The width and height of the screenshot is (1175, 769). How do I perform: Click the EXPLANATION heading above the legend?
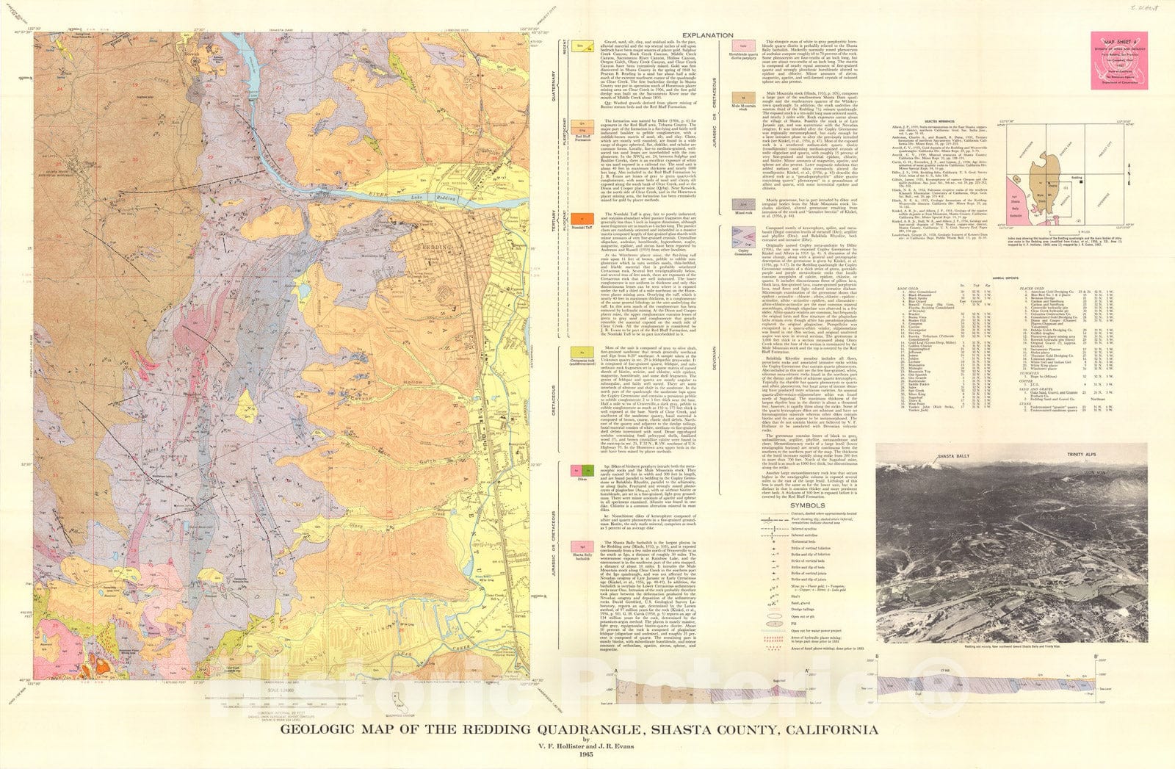tap(707, 35)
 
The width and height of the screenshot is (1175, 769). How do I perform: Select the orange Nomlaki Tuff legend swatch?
tap(582, 220)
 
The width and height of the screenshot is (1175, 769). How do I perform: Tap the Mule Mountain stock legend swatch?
tap(744, 98)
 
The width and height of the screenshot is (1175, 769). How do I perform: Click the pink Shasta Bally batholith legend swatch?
tap(582, 547)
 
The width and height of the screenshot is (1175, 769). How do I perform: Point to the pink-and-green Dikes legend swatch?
tap(582, 470)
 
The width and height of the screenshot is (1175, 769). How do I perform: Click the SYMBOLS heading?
tap(806, 505)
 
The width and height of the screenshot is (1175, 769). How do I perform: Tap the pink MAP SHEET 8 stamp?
tap(1118, 59)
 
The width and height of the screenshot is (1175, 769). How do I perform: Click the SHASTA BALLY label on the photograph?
tap(955, 456)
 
